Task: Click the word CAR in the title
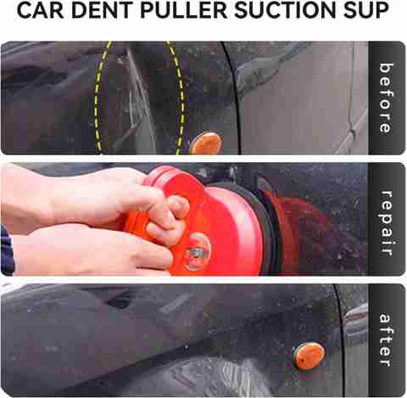(x=40, y=10)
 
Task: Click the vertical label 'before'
(x=387, y=98)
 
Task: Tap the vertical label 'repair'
(x=387, y=223)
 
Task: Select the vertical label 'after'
(x=386, y=339)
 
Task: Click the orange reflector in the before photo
(x=206, y=143)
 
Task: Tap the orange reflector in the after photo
(x=309, y=355)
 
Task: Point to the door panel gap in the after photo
(x=339, y=339)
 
